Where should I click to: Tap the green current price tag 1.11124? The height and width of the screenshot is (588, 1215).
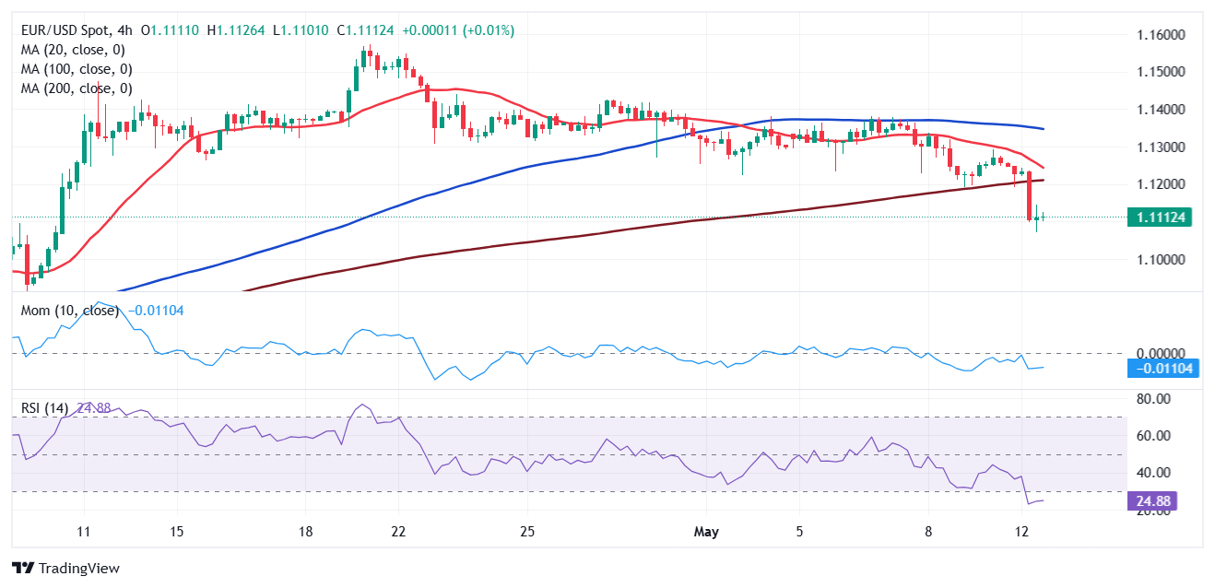pyautogui.click(x=1158, y=218)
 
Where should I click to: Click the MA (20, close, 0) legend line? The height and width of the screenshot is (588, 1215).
pyautogui.click(x=73, y=50)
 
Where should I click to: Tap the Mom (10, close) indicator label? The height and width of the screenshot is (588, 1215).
pyautogui.click(x=70, y=311)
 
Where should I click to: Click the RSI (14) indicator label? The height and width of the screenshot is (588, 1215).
pyautogui.click(x=44, y=408)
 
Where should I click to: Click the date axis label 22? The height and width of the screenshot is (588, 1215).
pyautogui.click(x=398, y=532)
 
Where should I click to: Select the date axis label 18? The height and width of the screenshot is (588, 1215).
pyautogui.click(x=306, y=532)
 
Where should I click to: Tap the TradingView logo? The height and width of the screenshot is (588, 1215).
pyautogui.click(x=65, y=568)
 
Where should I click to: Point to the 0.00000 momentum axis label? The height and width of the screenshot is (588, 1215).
pyautogui.click(x=1157, y=353)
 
